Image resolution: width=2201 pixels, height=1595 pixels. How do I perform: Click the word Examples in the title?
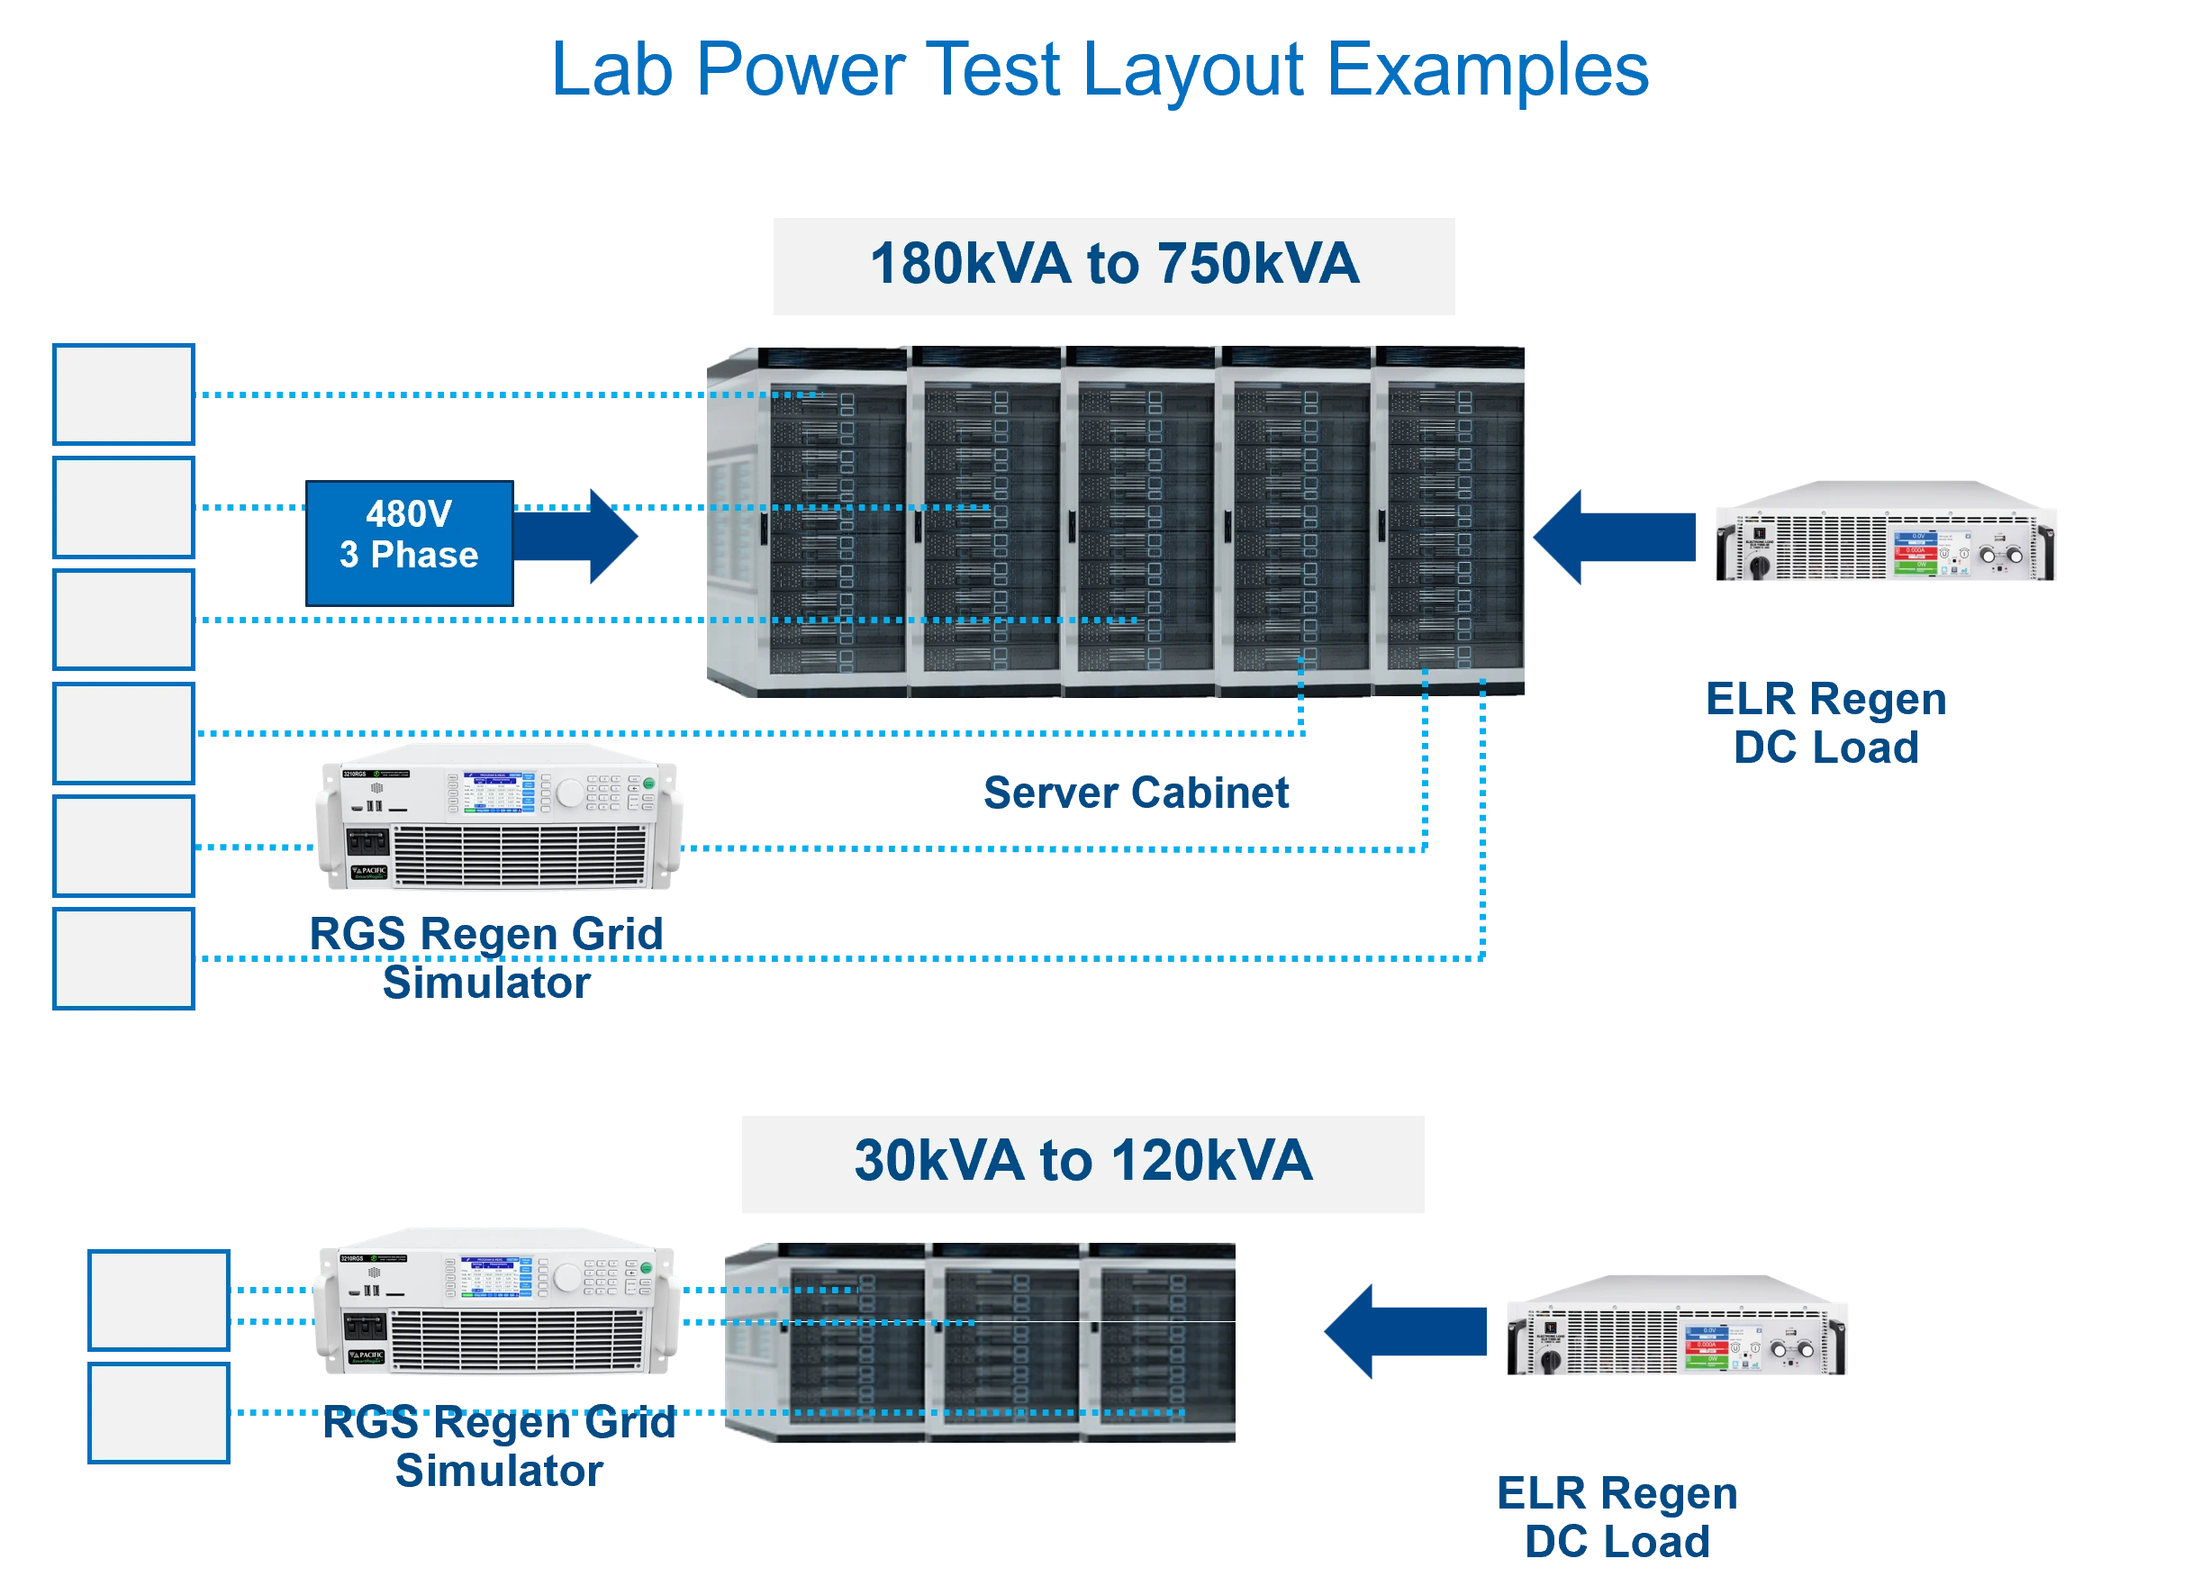(x=1486, y=70)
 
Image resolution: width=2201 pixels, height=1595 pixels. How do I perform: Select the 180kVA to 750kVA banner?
(x=1112, y=265)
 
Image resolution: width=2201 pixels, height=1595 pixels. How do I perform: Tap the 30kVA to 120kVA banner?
(x=1083, y=1162)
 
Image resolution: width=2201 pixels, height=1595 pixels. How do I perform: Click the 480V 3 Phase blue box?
(x=409, y=541)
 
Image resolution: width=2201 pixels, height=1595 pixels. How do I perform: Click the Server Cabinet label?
(x=1135, y=793)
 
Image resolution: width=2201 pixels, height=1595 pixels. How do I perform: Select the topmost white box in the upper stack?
(x=125, y=394)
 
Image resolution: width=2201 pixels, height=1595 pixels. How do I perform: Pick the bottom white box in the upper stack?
(x=125, y=957)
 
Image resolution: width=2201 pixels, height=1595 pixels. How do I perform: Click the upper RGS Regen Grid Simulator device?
(x=497, y=818)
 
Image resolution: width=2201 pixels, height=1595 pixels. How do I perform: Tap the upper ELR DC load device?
(x=1886, y=532)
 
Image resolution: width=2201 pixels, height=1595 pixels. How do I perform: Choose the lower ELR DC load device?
(x=1678, y=1324)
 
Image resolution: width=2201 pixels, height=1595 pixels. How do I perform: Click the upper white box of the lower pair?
(x=159, y=1299)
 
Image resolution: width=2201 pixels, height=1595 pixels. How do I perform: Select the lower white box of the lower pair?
(x=159, y=1412)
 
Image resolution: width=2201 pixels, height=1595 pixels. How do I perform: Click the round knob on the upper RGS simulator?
(x=570, y=793)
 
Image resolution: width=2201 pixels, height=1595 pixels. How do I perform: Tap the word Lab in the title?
(x=611, y=70)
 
